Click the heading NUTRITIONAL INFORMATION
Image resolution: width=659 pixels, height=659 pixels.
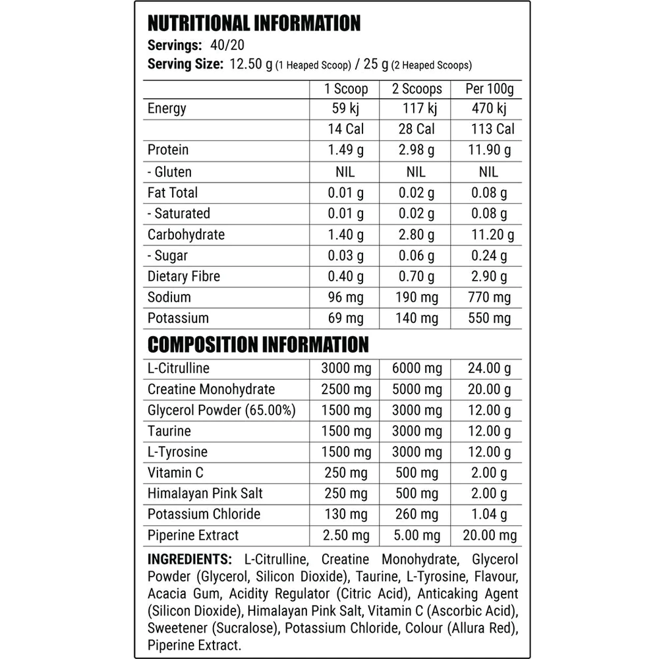pos(254,24)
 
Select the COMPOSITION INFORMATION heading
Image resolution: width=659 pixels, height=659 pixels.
pos(258,345)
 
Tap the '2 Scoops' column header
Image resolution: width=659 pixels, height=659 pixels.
pos(417,89)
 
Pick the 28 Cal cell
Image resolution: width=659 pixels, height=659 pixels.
pos(417,130)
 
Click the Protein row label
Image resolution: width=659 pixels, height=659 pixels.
pos(168,150)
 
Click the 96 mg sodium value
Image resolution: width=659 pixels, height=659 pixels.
pos(346,297)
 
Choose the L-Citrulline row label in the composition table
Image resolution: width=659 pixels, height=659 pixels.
pos(179,368)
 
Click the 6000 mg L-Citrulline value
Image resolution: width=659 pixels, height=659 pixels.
pos(417,368)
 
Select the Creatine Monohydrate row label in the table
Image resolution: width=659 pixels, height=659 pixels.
pos(212,389)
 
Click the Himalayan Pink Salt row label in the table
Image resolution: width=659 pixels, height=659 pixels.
pos(206,494)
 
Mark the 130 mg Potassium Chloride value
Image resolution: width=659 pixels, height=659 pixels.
pos(346,515)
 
